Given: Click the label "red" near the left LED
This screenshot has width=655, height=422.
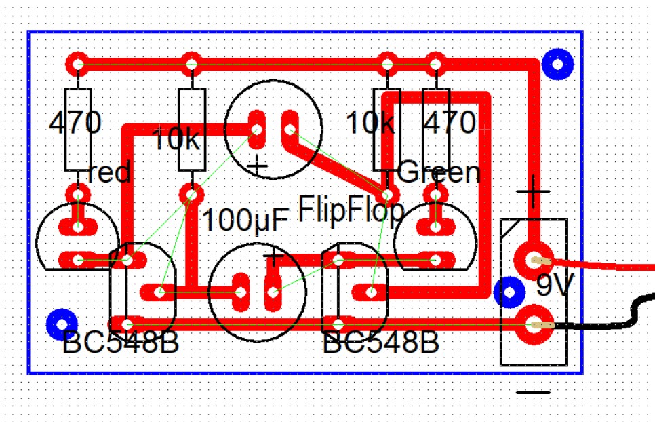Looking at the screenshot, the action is point(109,172).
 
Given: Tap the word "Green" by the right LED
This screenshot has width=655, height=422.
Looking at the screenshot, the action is point(439,172).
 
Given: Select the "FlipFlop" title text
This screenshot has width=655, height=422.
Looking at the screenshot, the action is point(351,210).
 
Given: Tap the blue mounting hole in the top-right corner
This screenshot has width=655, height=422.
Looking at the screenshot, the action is point(558,64).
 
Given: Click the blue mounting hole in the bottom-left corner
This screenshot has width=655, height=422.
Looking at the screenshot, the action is point(62,325).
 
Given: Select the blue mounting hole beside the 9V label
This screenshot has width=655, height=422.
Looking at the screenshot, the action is point(509,292).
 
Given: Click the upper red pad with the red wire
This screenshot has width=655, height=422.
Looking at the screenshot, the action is point(534,261).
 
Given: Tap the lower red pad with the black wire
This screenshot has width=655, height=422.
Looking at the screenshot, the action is point(534,325).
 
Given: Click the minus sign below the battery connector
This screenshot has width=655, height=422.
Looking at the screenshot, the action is point(533,392).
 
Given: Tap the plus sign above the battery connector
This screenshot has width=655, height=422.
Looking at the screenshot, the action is point(533,192).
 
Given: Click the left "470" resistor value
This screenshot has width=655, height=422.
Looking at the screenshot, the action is point(75,122).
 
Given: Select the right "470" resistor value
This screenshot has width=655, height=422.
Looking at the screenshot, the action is point(450,122).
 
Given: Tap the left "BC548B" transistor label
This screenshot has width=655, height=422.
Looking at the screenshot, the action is point(121,342).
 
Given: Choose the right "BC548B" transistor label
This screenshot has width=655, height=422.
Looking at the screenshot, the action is point(381,342).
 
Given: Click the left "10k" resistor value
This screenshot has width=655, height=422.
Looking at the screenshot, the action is point(177,138).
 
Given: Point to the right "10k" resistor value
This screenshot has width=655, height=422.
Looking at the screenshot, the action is point(370,122).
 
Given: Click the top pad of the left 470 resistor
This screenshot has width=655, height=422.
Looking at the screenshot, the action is point(78,64).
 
